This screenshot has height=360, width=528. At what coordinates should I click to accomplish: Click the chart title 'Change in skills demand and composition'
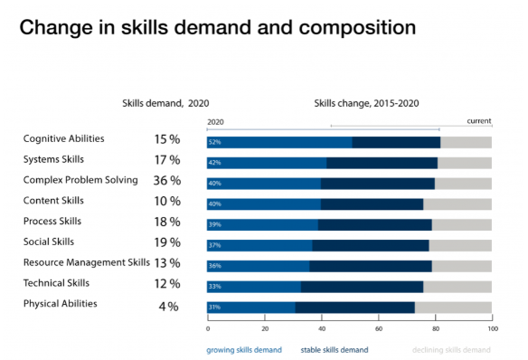coord(218,26)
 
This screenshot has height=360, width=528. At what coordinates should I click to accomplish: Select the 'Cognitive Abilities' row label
coord(63,138)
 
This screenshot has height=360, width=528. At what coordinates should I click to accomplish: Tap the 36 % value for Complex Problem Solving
coord(167,181)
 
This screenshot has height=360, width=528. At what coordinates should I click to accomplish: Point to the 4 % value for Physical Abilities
coord(168,305)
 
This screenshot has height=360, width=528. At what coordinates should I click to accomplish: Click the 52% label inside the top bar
coord(214,142)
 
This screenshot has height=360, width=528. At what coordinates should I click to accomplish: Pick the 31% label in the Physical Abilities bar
coord(214,308)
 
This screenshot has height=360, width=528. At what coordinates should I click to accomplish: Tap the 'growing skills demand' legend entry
coord(244,349)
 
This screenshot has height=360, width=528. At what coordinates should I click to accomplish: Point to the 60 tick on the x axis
coord(379,328)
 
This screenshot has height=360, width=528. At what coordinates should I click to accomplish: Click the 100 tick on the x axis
coord(492,328)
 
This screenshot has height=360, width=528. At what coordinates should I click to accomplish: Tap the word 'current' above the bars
coord(478,120)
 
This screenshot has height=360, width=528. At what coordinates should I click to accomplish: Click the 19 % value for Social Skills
coord(167,242)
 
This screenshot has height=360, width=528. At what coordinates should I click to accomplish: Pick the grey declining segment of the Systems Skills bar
coord(465,163)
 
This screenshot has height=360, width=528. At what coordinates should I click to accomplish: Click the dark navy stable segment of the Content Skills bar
coord(372,204)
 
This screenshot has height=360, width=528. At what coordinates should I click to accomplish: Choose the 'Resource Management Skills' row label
coord(86,262)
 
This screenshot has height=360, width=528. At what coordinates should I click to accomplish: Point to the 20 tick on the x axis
coord(265,328)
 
